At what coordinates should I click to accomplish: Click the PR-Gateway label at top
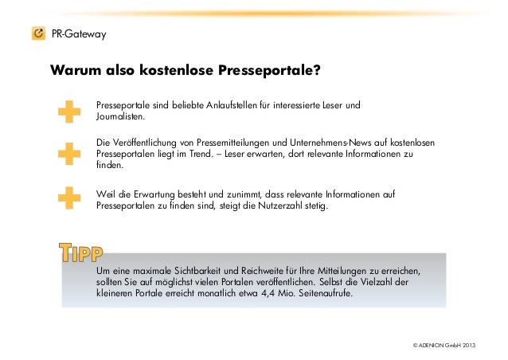[x=78, y=34]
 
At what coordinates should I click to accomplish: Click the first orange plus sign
[x=70, y=111]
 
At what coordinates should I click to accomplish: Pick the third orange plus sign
[x=70, y=197]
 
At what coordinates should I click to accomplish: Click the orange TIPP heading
[x=80, y=252]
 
